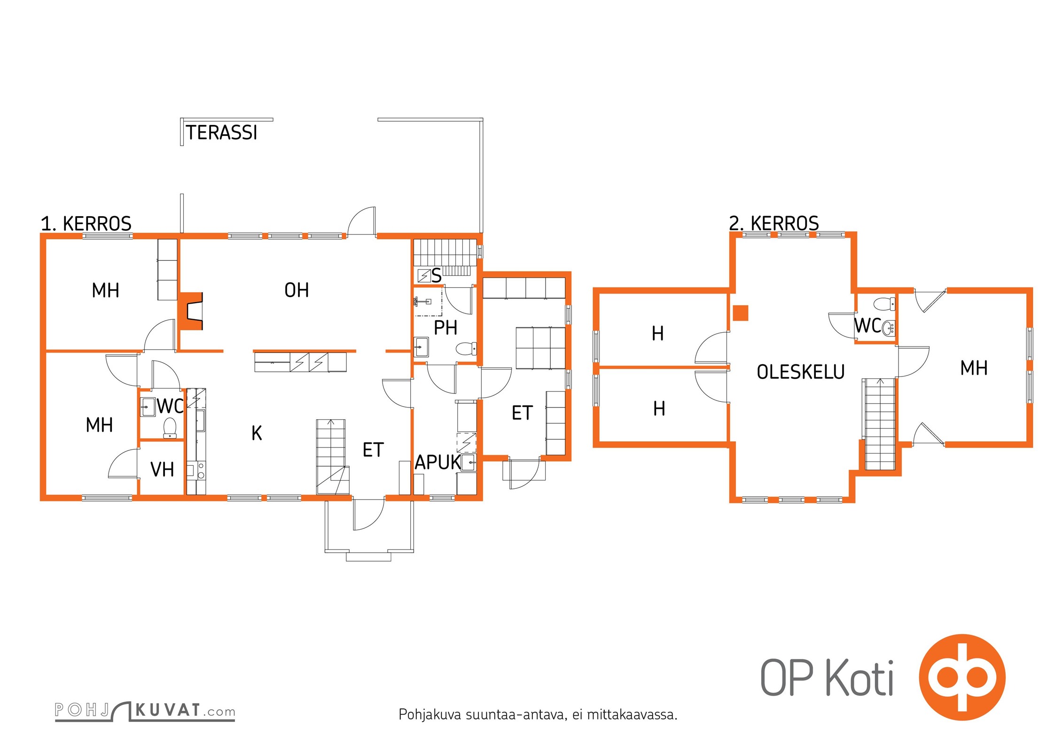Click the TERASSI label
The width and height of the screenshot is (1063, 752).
pyautogui.click(x=222, y=133)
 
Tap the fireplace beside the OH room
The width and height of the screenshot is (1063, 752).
pyautogui.click(x=190, y=311)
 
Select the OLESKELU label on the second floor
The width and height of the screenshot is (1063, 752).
pyautogui.click(x=801, y=372)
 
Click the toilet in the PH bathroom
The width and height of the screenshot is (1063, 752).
pyautogui.click(x=466, y=349)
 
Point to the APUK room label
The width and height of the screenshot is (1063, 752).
pyautogui.click(x=438, y=462)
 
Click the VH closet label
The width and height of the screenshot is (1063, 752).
pyautogui.click(x=162, y=470)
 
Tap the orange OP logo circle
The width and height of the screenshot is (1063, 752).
pyautogui.click(x=962, y=677)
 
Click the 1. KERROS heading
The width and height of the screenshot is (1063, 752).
pyautogui.click(x=86, y=224)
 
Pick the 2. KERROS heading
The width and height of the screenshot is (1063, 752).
pyautogui.click(x=774, y=223)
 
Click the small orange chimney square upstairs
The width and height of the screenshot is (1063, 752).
pyautogui.click(x=741, y=313)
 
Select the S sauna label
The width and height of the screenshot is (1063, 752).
pyautogui.click(x=437, y=276)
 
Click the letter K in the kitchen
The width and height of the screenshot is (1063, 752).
pyautogui.click(x=257, y=433)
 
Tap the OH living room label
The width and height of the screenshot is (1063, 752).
pyautogui.click(x=297, y=290)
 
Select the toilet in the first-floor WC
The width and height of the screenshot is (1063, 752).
pyautogui.click(x=170, y=428)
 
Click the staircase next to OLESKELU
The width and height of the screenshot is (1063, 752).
pyautogui.click(x=880, y=424)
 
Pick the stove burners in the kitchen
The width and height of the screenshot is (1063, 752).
pyautogui.click(x=201, y=470)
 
